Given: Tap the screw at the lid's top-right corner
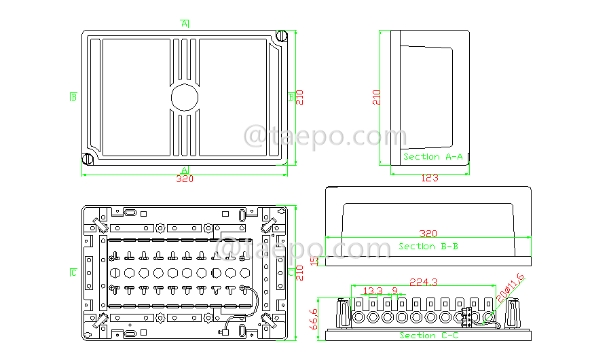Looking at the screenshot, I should point(282,36).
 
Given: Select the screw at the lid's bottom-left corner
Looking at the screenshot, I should point(87,160).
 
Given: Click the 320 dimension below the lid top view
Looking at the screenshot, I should point(184,179).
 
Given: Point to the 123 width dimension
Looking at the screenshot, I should point(430,179).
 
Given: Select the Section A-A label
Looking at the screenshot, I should point(433,157).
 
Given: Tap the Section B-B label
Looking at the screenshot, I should point(428,246).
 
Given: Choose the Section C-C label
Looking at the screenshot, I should point(428,336).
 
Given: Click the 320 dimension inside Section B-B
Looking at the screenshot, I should point(428,232).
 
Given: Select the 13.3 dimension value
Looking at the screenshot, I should point(372,291).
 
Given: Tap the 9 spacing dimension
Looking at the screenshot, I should point(394,291).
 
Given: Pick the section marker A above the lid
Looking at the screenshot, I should point(184,24).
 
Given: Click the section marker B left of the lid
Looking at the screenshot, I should point(73,96).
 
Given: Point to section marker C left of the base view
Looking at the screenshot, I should point(73,273).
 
